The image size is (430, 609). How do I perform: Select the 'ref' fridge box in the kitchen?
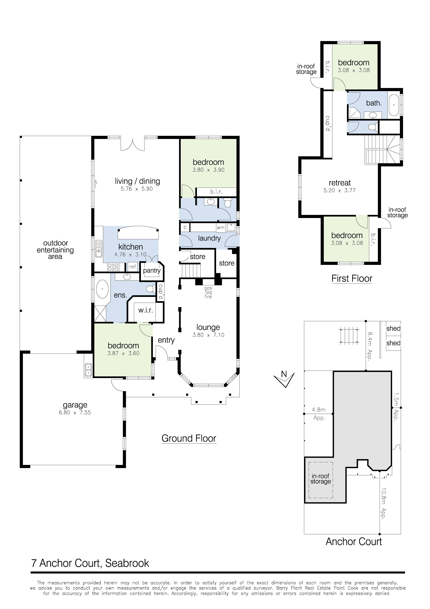132,267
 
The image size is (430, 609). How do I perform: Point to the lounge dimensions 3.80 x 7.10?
208,335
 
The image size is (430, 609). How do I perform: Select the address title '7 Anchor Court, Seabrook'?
90,563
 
